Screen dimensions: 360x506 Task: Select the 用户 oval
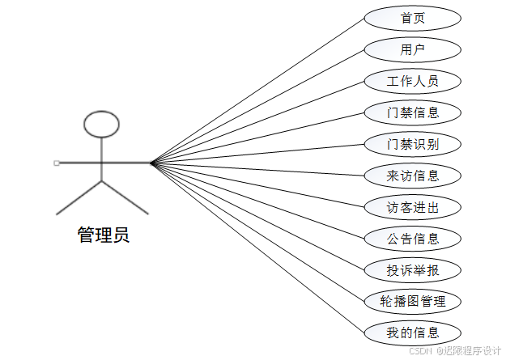(x=413, y=50)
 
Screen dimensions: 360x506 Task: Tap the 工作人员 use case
(x=413, y=82)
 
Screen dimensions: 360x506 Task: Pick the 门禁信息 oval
(x=413, y=112)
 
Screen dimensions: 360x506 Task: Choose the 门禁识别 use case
(x=413, y=144)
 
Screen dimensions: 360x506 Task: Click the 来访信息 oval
(x=413, y=176)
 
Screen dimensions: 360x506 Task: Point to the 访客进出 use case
(x=413, y=207)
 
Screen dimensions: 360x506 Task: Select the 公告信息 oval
(x=413, y=239)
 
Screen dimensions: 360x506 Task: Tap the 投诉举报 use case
(x=413, y=270)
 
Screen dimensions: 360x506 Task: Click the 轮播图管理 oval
(x=413, y=302)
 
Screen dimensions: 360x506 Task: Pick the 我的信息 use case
(x=413, y=332)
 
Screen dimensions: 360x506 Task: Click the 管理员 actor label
(x=103, y=235)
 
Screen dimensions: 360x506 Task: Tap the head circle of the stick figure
(x=102, y=124)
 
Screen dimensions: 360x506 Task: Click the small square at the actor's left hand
(x=57, y=163)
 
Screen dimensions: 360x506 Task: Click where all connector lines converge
(x=151, y=163)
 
